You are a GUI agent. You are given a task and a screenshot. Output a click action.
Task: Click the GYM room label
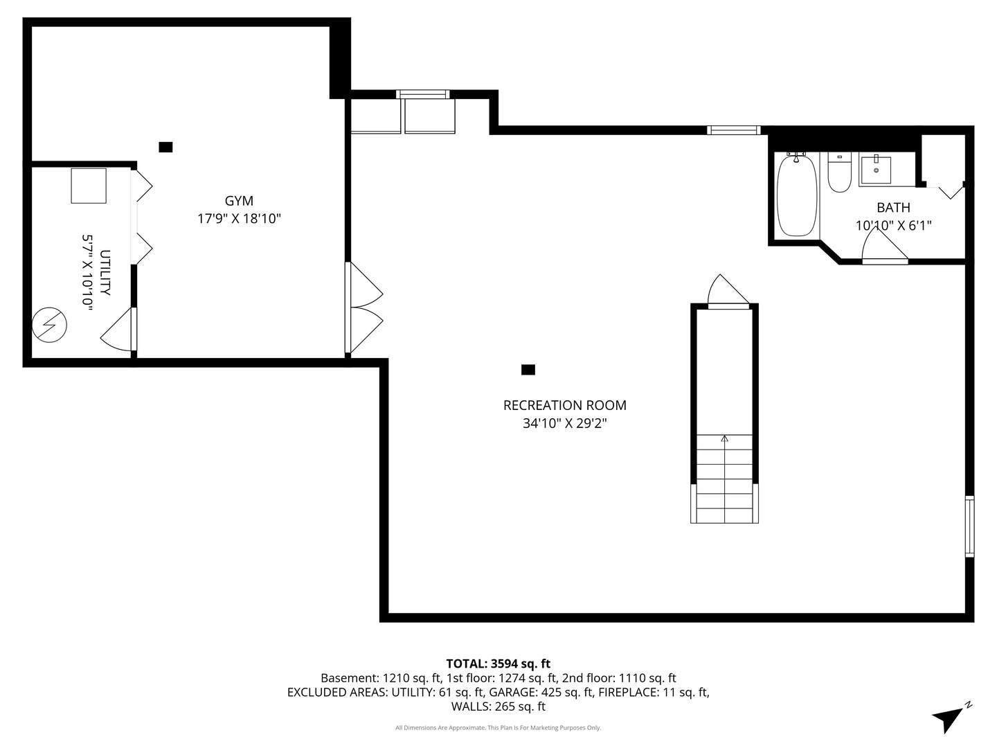(239, 201)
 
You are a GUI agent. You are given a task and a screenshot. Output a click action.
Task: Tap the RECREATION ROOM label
(564, 405)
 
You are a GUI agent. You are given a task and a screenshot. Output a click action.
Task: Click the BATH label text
(893, 207)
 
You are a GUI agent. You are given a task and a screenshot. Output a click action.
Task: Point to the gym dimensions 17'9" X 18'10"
(239, 219)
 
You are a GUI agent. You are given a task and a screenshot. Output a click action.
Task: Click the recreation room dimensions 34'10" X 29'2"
(564, 423)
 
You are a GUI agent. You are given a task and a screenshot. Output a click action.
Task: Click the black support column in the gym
(165, 147)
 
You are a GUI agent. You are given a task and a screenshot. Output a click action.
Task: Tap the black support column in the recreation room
(528, 370)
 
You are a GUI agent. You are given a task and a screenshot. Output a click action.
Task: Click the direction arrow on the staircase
(725, 438)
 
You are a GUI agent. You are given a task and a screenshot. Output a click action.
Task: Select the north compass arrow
(949, 718)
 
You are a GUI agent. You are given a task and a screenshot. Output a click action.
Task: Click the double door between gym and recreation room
(363, 308)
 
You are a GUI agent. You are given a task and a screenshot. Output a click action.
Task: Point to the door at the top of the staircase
(726, 291)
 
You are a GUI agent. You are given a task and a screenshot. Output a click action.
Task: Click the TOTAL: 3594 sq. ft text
(498, 664)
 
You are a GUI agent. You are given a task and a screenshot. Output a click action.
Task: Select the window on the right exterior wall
(969, 526)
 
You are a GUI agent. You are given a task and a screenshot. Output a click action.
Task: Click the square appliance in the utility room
(89, 186)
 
